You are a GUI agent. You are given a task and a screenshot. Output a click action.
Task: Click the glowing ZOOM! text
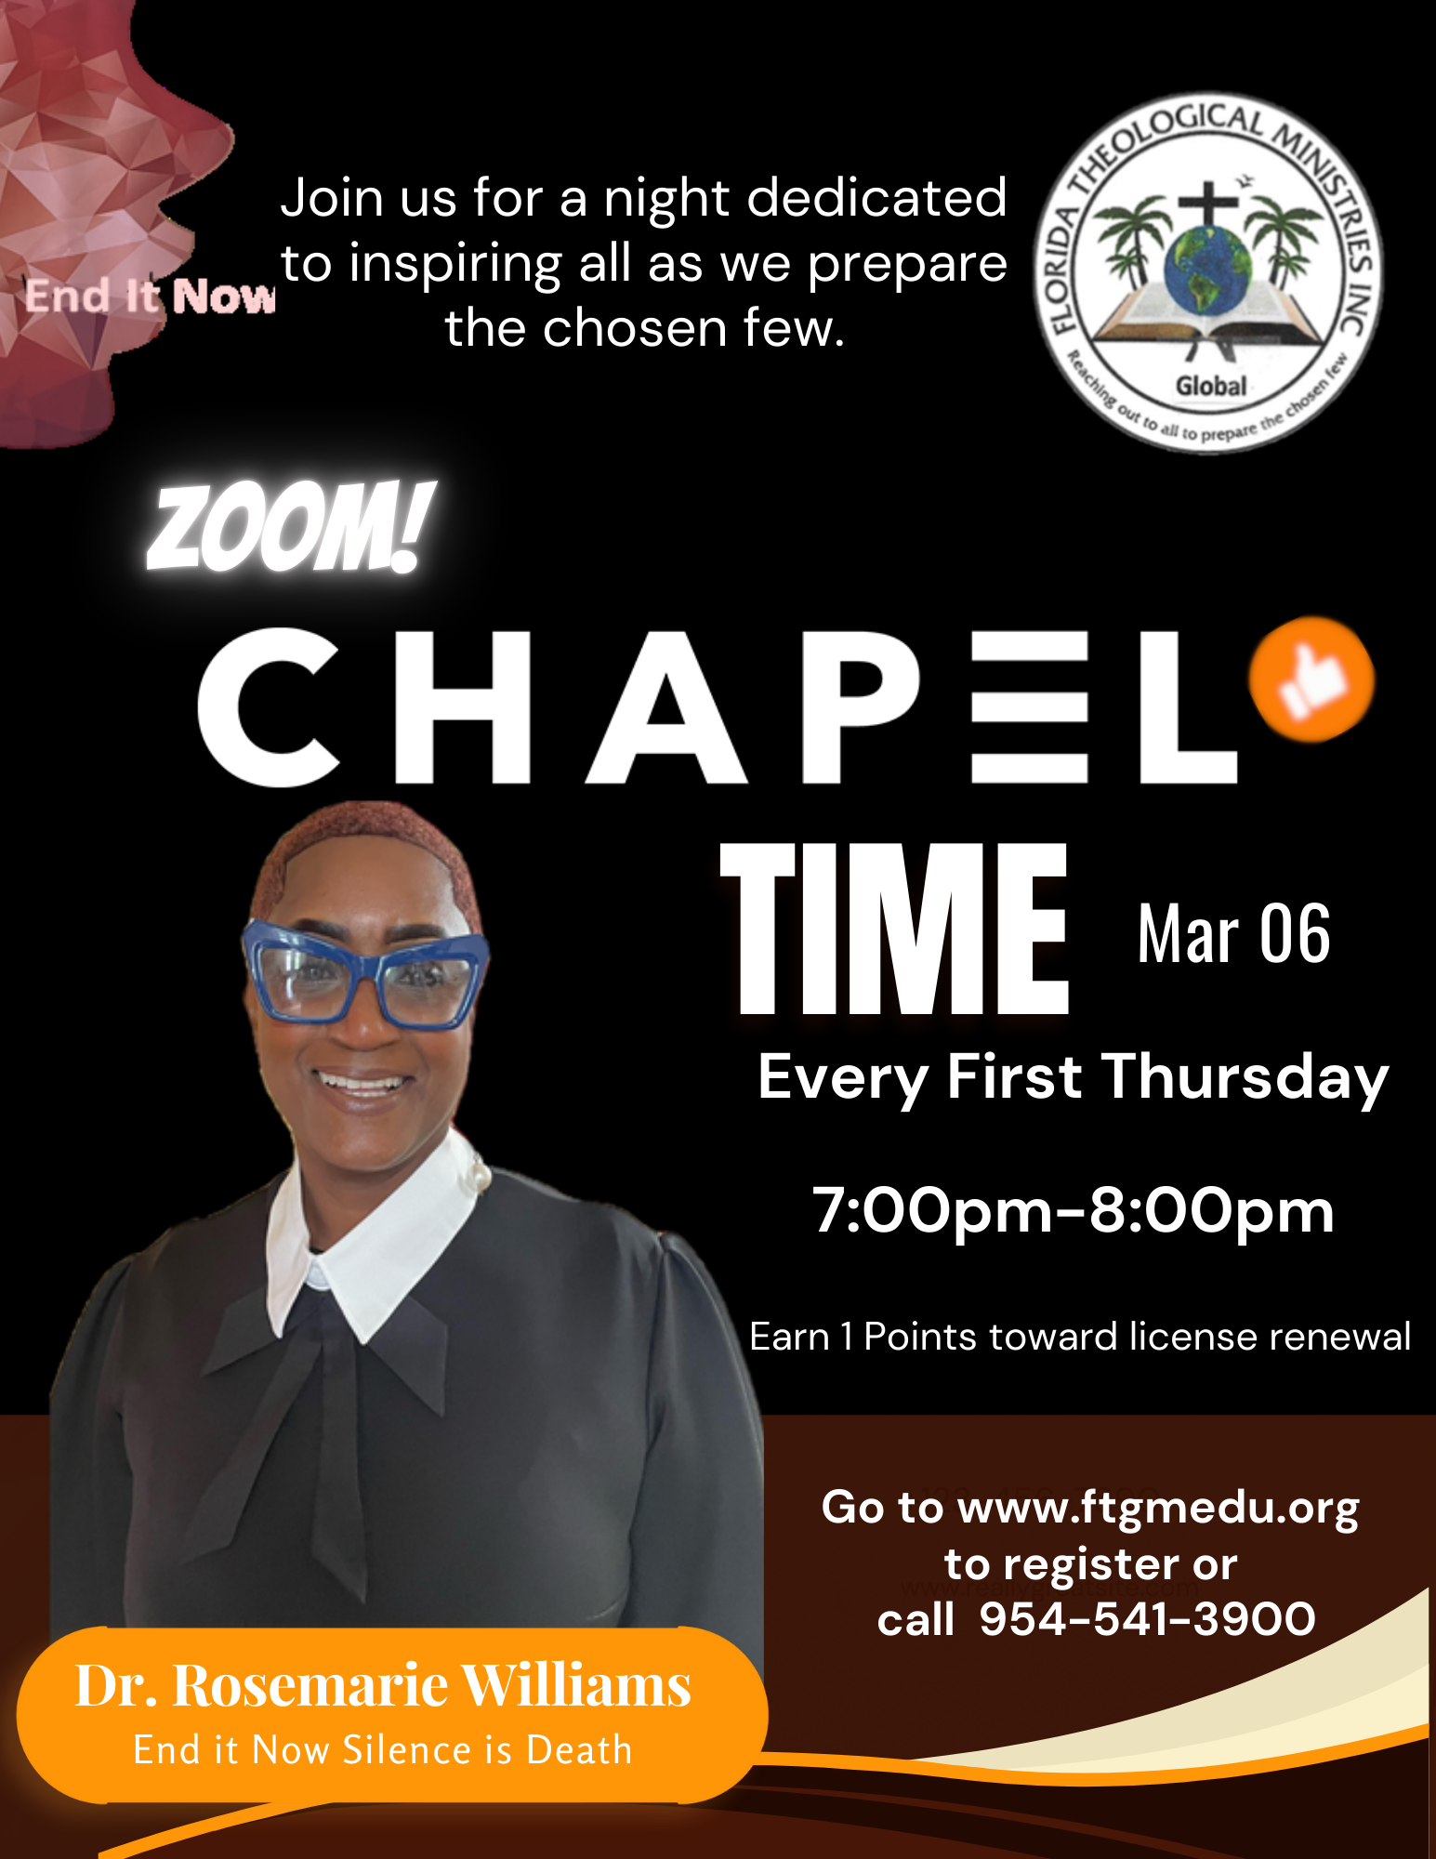(290, 527)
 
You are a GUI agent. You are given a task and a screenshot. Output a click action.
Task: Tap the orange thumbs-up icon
(1311, 679)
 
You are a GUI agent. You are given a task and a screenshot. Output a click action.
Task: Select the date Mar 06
(1233, 934)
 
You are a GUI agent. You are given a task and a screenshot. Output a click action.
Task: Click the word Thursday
(1245, 1079)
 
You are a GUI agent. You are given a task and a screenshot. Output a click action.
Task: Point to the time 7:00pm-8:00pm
(1074, 1210)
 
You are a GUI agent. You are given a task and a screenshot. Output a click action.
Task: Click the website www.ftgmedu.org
(1158, 1508)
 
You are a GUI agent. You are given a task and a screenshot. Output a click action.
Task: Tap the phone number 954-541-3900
(1148, 1619)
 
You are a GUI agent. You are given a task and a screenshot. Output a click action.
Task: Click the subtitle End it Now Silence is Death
(383, 1750)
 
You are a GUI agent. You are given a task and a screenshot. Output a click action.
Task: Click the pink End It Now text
(150, 297)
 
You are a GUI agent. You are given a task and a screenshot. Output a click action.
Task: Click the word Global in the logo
(1211, 385)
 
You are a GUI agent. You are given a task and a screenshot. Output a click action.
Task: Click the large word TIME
(895, 929)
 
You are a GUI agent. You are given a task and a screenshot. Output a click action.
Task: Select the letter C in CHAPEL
(269, 707)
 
